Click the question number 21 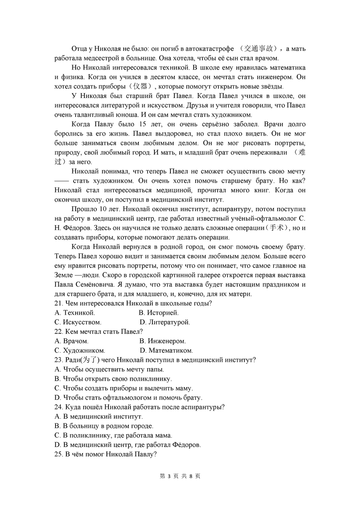(x=58, y=303)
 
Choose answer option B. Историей (x=159, y=313)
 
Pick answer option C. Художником (x=80, y=351)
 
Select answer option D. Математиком (x=166, y=351)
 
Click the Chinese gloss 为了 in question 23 (x=89, y=360)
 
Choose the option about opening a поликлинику (x=113, y=379)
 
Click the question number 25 (x=58, y=454)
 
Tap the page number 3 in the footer (x=169, y=476)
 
